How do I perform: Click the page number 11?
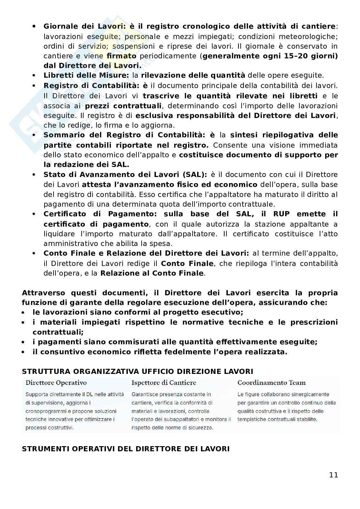[x=334, y=475]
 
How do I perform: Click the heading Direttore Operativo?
[x=56, y=383]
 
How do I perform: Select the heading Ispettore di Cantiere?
[x=164, y=383]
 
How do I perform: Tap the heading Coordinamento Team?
[x=271, y=383]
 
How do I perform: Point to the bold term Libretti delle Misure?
[x=86, y=75]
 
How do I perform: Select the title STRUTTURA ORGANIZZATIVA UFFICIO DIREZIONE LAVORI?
[x=137, y=371]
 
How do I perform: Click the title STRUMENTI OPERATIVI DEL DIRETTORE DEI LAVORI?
[x=125, y=449]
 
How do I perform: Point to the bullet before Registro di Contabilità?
[x=34, y=86]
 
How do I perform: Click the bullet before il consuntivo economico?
[x=24, y=352]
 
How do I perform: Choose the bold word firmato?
[x=121, y=56]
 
